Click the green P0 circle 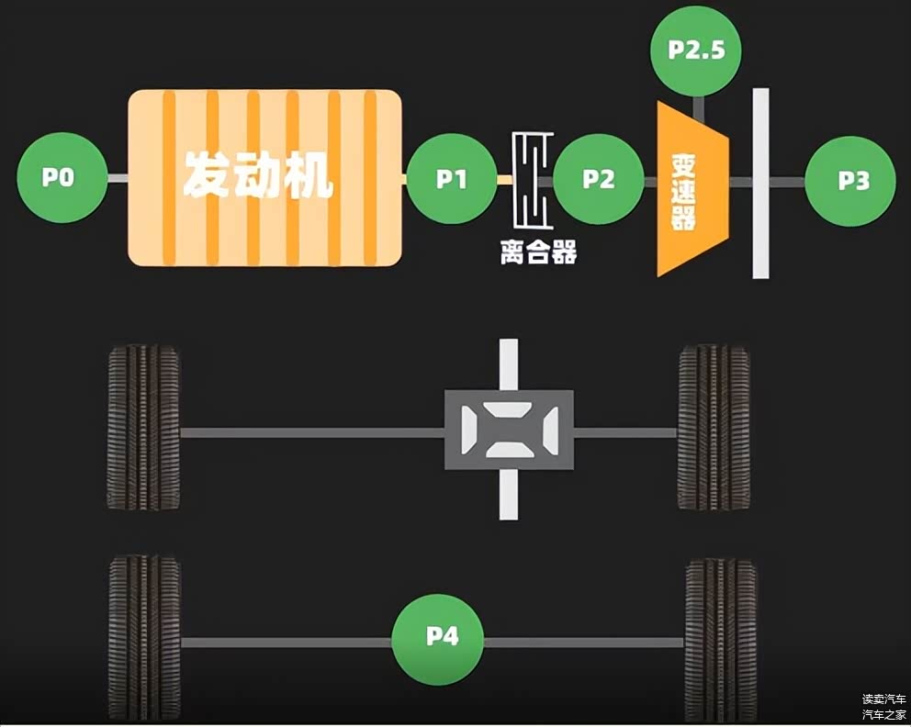[x=62, y=178]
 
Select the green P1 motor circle [x=452, y=179]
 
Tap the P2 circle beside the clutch [x=599, y=179]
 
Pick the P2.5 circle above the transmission [x=696, y=50]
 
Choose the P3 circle [x=850, y=181]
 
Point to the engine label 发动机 [x=258, y=174]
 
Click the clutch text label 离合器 [x=538, y=252]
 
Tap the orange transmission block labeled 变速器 [x=693, y=189]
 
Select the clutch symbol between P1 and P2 [x=533, y=180]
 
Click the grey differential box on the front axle [x=509, y=430]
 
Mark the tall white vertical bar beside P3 [x=761, y=184]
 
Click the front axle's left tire [x=143, y=428]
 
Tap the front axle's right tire [x=714, y=428]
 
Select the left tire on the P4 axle [x=145, y=639]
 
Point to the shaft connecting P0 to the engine [x=118, y=178]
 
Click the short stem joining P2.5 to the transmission [x=699, y=108]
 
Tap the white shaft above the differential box [x=509, y=364]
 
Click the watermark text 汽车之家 [x=883, y=715]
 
